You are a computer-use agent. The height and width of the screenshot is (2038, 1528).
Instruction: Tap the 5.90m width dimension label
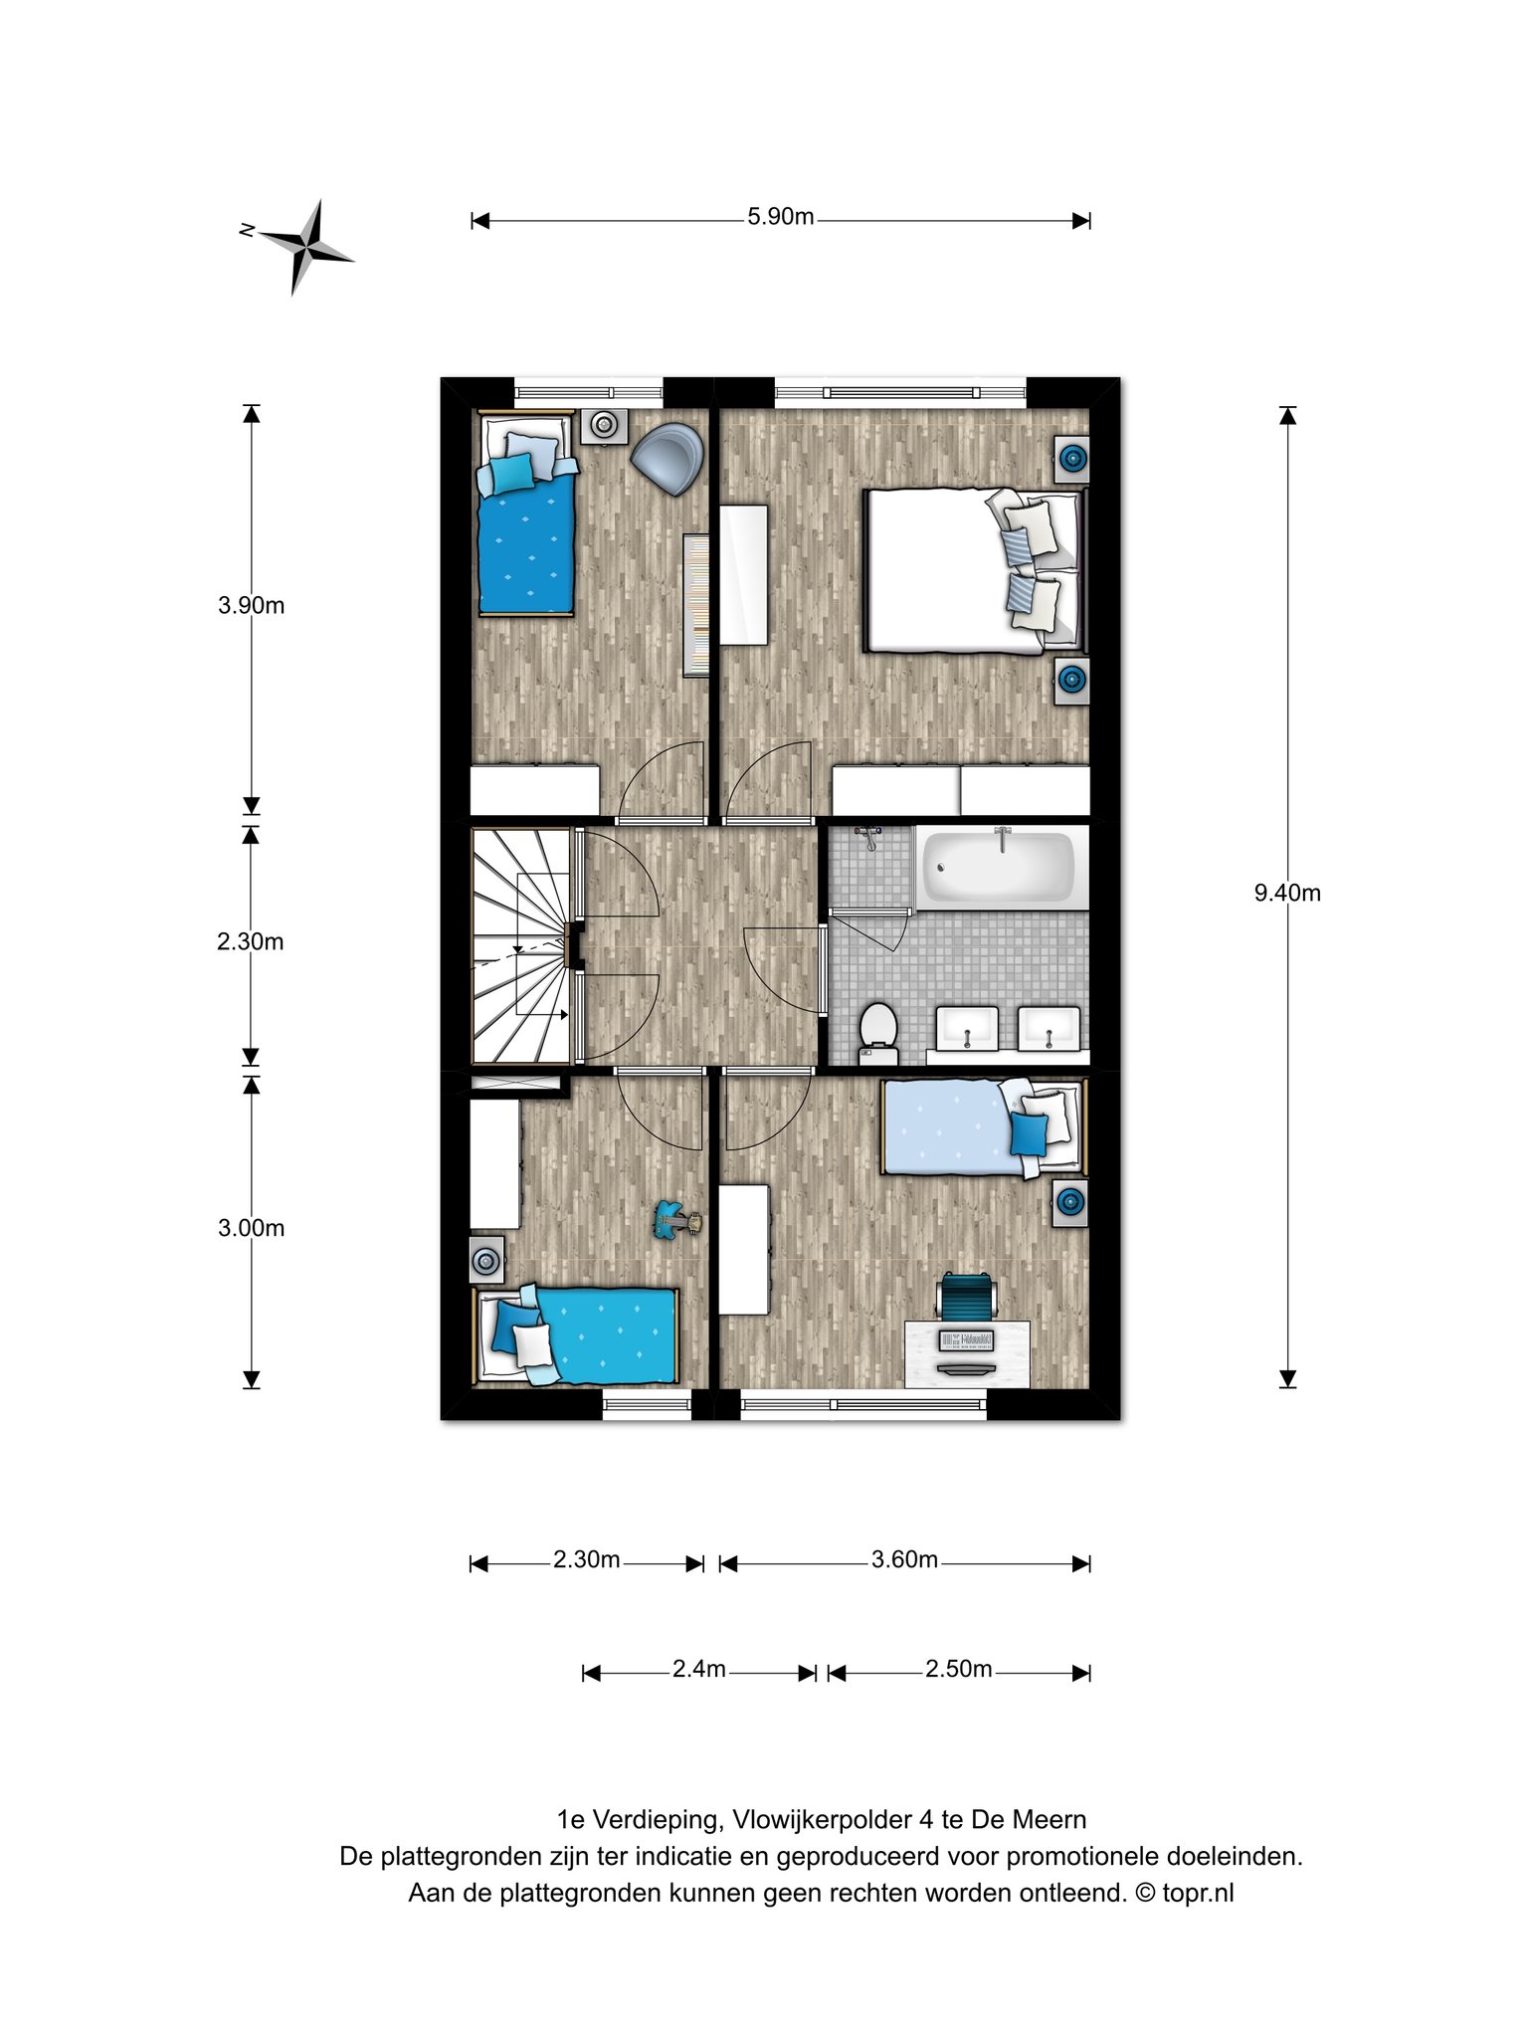point(781,217)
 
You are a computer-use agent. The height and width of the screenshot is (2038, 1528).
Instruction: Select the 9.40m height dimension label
point(1287,893)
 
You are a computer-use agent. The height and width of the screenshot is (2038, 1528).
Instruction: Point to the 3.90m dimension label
point(251,605)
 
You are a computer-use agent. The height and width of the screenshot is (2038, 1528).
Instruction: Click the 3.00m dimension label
point(251,1228)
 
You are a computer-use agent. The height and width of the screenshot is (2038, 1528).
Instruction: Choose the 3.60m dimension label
point(904,1559)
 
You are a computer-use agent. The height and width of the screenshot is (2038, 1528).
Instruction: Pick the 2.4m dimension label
point(698,1669)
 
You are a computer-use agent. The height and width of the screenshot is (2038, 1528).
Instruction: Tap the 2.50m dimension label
point(958,1669)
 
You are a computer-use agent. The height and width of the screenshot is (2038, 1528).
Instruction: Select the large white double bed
point(974,570)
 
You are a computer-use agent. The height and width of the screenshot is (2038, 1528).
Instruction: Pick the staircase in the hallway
point(521,946)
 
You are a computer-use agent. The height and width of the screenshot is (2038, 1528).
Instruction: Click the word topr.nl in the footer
point(1198,1892)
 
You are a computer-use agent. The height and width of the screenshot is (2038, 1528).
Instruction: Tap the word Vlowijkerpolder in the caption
point(823,1819)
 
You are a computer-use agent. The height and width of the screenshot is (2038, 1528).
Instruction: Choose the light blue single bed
point(984,1128)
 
